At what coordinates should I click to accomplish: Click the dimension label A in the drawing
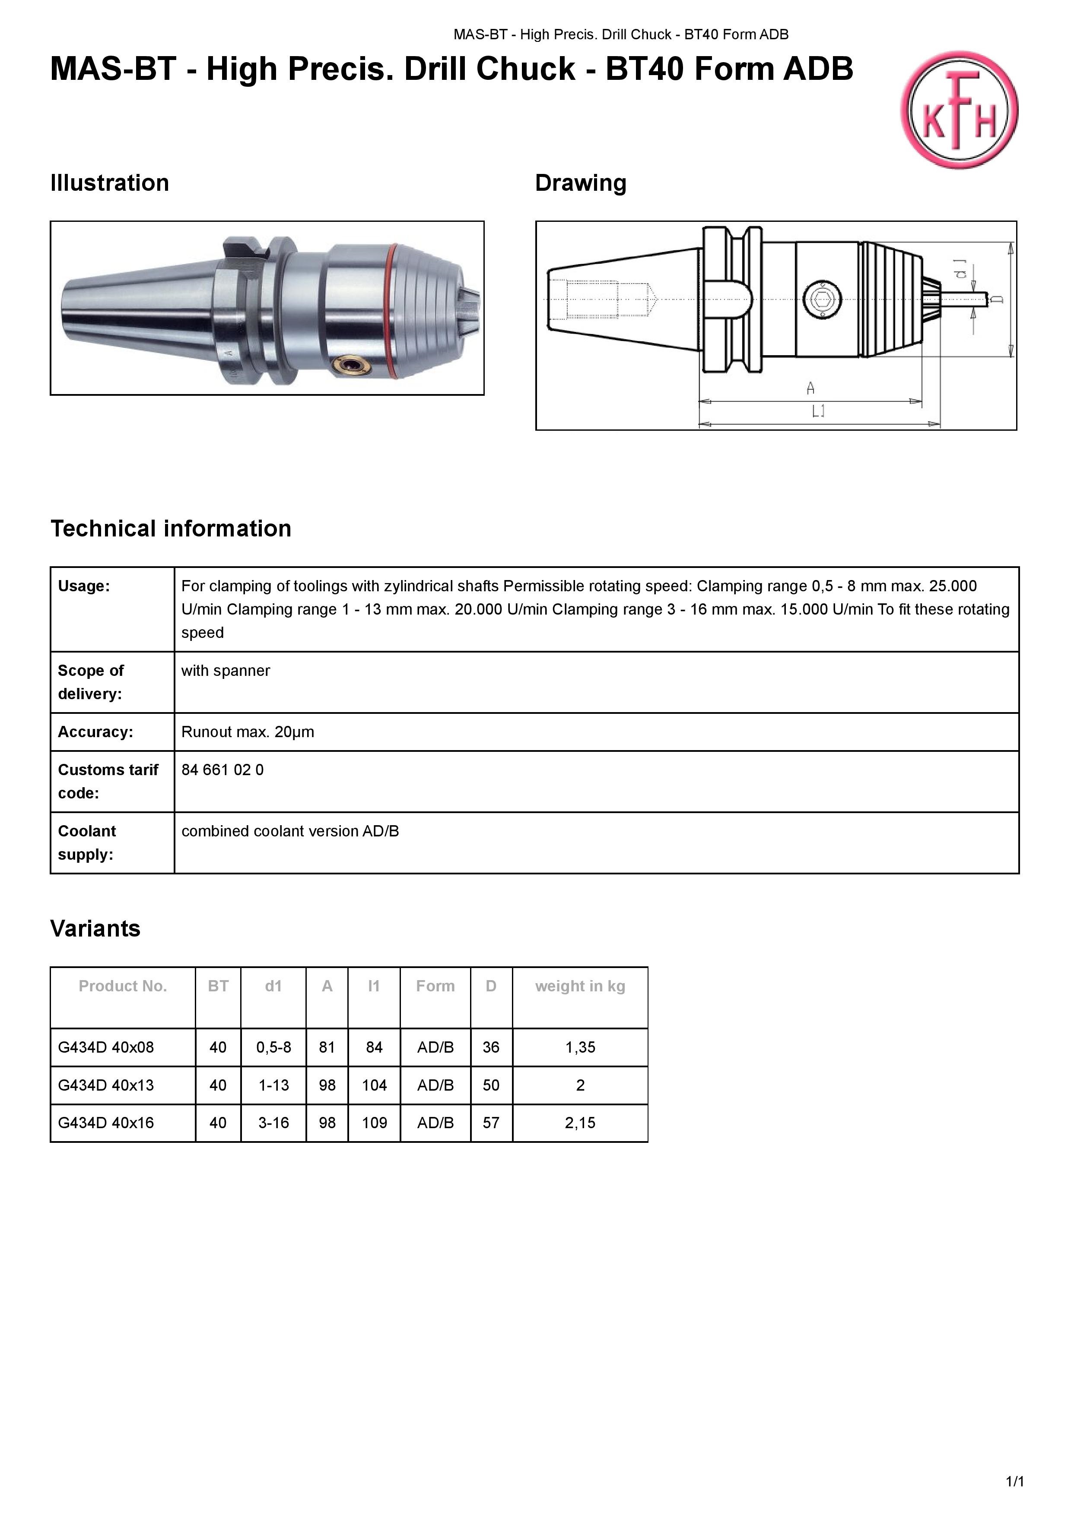810,388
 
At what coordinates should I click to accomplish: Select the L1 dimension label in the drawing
818,412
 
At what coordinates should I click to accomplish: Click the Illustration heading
110,183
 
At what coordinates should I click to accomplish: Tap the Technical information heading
171,528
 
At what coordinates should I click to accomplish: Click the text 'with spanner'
226,671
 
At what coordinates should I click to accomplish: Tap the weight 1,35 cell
580,1047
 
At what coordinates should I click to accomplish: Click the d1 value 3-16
273,1123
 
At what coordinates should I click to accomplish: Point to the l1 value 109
374,1123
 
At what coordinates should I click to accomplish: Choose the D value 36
491,1047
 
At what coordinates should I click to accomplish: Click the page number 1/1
1014,1482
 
